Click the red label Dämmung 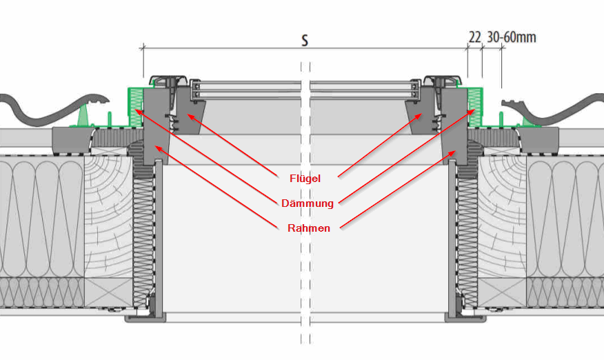point(308,203)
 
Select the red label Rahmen point(308,228)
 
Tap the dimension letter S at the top point(304,40)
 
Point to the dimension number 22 point(474,37)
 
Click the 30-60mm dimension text point(511,37)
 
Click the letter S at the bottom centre point(303,340)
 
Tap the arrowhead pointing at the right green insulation point(474,110)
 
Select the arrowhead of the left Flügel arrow point(189,116)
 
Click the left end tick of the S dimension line point(143,48)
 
